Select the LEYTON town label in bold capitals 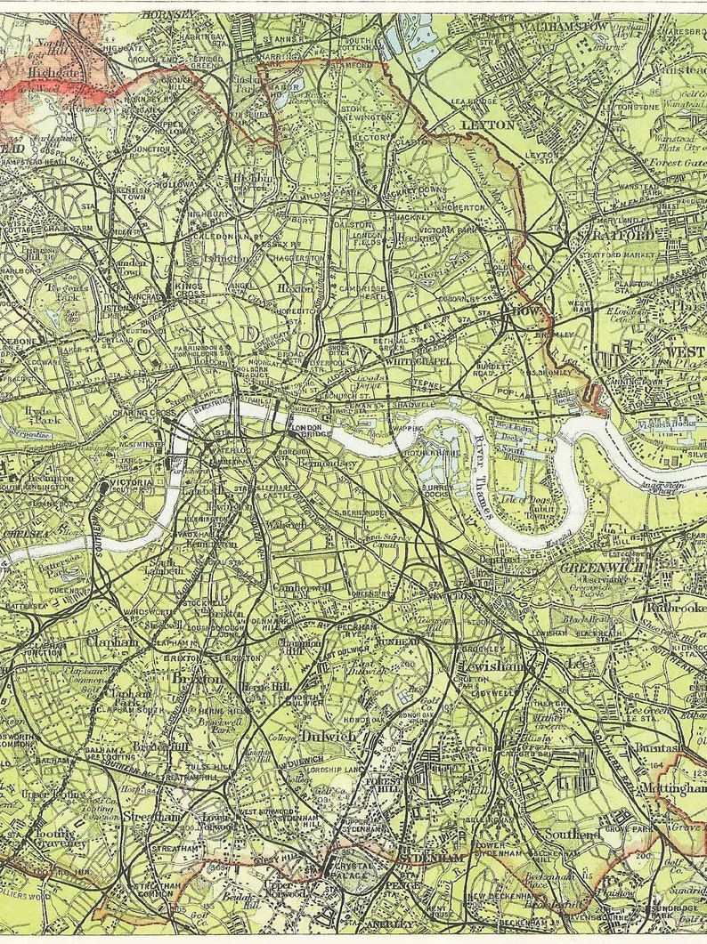pos(487,125)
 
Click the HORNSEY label pos(167,13)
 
